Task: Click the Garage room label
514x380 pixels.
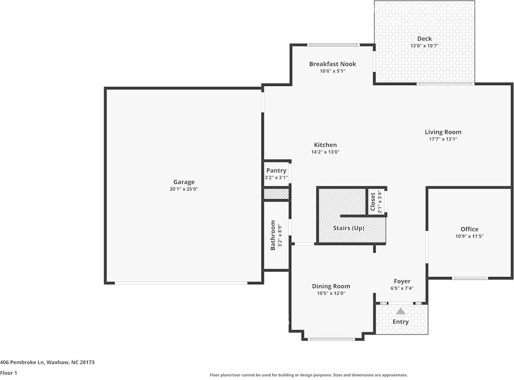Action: [184, 182]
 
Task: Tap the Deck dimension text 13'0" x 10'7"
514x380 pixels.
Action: [424, 46]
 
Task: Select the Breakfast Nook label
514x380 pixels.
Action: [332, 64]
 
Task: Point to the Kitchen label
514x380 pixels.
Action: [325, 145]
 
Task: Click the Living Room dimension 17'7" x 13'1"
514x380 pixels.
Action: [443, 139]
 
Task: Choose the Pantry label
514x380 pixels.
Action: [276, 171]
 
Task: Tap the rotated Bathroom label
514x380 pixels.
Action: [273, 235]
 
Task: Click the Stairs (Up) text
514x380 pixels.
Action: [348, 228]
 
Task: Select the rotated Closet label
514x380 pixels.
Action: [373, 202]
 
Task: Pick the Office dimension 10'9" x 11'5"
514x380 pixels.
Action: [469, 236]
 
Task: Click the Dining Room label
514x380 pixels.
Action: [331, 286]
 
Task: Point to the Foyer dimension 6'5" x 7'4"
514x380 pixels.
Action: [402, 288]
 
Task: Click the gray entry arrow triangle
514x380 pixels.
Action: [401, 311]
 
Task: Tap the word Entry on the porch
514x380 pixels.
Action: [400, 322]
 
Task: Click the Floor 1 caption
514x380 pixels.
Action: [9, 373]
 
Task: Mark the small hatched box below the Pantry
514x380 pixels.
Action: [277, 194]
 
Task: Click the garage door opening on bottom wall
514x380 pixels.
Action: [181, 283]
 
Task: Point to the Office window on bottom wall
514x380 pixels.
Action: [470, 278]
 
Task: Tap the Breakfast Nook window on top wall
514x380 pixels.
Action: [333, 45]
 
